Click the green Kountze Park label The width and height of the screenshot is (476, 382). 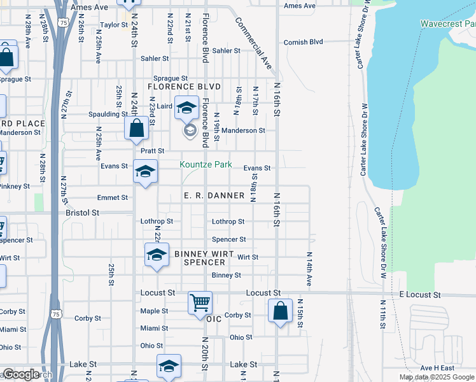pos(206,164)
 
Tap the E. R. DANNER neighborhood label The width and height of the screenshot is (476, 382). pos(214,195)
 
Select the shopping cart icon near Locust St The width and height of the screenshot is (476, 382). pos(200,302)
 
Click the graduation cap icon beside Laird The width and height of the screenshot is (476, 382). pos(187,108)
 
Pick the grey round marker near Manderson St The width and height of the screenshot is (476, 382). pos(189,131)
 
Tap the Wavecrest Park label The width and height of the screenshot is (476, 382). pos(448,24)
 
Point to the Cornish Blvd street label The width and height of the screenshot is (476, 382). pos(303,42)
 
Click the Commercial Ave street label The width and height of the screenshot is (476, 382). pos(253,43)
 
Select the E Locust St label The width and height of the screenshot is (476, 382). pos(420,295)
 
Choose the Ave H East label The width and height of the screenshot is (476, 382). pos(437,368)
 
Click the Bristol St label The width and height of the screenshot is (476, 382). pos(82,213)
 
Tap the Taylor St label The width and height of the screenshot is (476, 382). pos(115,25)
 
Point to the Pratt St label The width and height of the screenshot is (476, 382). pos(153,151)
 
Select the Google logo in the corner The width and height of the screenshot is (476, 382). pos(21,374)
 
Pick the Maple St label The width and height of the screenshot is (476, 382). pos(154,311)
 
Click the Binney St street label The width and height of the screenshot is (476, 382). pos(227,275)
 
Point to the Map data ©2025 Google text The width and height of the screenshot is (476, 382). pos(436,377)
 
